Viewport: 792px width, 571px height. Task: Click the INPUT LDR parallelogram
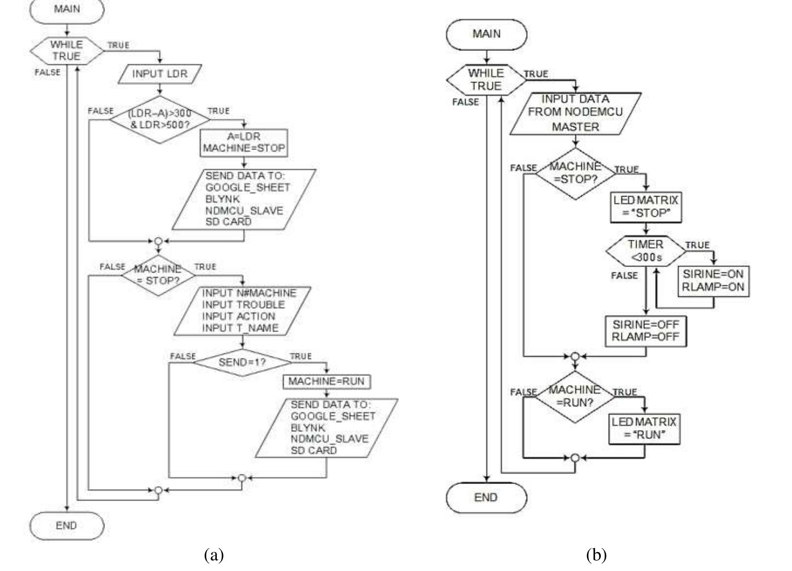[x=160, y=74]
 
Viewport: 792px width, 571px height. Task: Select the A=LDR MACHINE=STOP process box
[x=244, y=143]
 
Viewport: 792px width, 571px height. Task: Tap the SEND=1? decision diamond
[x=242, y=362]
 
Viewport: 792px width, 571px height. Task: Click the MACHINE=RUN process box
[x=326, y=381]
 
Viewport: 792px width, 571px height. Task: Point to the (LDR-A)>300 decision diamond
[x=160, y=119]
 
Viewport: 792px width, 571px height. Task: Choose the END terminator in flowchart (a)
[x=67, y=526]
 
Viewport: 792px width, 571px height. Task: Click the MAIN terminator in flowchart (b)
[x=486, y=34]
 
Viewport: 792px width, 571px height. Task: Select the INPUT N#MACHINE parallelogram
[x=242, y=310]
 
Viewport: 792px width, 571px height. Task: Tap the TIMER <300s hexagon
[x=646, y=250]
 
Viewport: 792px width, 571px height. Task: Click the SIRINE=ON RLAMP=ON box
[x=713, y=280]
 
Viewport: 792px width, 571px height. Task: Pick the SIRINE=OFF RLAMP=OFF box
[x=645, y=331]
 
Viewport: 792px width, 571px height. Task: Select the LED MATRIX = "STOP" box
[x=646, y=207]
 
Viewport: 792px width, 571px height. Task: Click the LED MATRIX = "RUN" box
[x=644, y=428]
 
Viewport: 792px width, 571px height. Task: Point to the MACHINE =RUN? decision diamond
[x=575, y=396]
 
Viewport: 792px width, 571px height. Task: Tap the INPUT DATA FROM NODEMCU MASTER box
[x=575, y=113]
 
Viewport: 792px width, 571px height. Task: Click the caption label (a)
[x=214, y=554]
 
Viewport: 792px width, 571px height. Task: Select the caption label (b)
[x=596, y=554]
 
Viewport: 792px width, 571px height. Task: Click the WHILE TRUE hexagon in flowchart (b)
[x=486, y=79]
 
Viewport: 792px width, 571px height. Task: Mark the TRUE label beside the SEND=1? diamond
[x=301, y=356]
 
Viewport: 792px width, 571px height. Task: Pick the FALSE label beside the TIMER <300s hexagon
[x=624, y=276]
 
